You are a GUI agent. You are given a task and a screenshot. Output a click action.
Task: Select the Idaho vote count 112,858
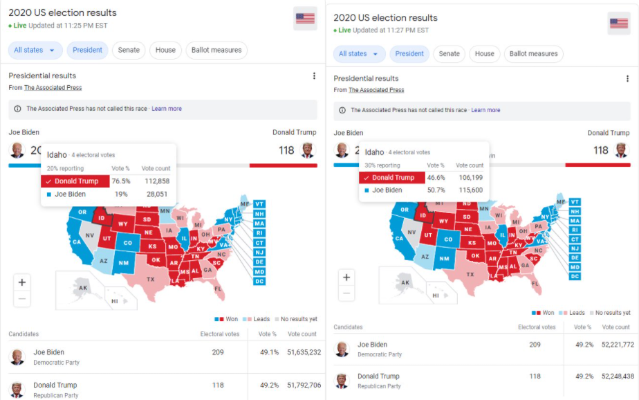pos(156,181)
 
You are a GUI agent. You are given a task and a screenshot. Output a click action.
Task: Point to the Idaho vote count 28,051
pos(157,194)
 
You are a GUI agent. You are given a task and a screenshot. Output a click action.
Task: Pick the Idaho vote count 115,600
pos(470,190)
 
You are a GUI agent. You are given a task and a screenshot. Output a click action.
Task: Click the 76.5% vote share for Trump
pos(121,181)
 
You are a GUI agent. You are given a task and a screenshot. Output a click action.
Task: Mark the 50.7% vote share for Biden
pos(436,190)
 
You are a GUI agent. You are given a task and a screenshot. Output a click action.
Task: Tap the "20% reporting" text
pos(65,169)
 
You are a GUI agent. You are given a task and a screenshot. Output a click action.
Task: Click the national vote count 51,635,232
pos(299,352)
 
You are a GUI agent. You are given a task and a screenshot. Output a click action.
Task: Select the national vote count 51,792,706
pos(299,385)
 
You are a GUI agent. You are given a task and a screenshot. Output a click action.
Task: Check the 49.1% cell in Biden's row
pos(269,352)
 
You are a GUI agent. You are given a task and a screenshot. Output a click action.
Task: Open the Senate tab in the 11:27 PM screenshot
pos(449,54)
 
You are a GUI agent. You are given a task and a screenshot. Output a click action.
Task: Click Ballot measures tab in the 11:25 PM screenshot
pos(216,50)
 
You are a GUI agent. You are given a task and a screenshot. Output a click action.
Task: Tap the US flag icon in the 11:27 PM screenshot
pos(618,24)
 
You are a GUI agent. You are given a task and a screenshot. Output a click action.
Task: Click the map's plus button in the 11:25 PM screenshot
pos(22,282)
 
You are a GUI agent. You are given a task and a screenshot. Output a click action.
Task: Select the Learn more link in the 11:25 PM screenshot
pos(167,109)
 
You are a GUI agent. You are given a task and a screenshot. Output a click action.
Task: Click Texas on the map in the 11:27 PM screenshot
pos(470,275)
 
